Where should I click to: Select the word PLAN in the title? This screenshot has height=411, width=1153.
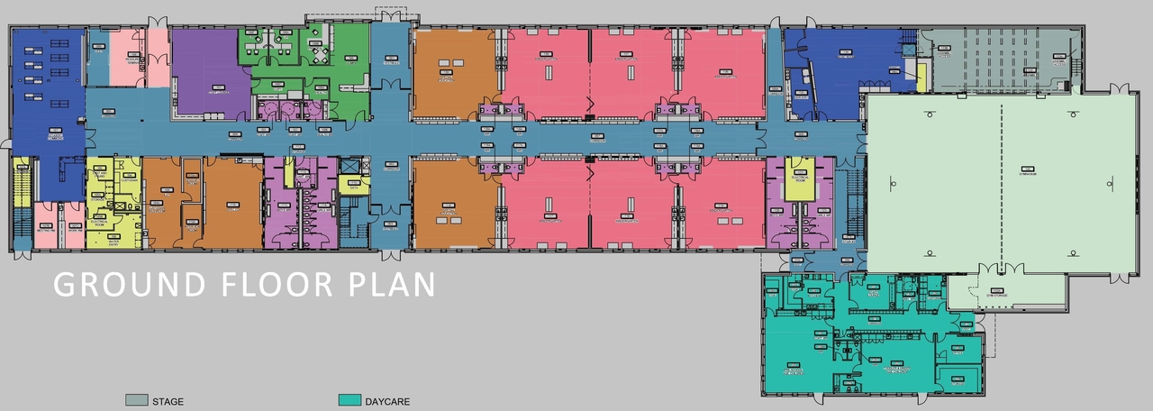coord(391,284)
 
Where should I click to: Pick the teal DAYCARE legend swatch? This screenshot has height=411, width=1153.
coord(350,400)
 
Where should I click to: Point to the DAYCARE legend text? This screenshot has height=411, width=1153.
coord(387,401)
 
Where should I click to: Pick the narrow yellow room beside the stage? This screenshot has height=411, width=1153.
coord(921,78)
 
